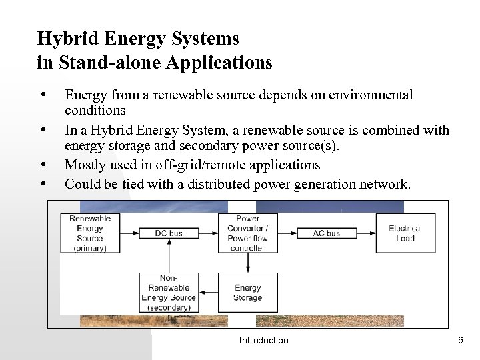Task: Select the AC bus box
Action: [x=327, y=233]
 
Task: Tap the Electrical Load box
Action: [x=405, y=233]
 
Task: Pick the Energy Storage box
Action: [x=247, y=292]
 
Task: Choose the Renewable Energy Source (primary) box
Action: [x=91, y=233]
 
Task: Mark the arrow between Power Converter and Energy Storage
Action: [x=247, y=263]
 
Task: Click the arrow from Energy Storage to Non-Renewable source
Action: [x=213, y=292]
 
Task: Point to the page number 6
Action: [x=460, y=341]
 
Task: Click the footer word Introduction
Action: [x=264, y=341]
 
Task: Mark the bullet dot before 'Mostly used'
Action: [x=43, y=164]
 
